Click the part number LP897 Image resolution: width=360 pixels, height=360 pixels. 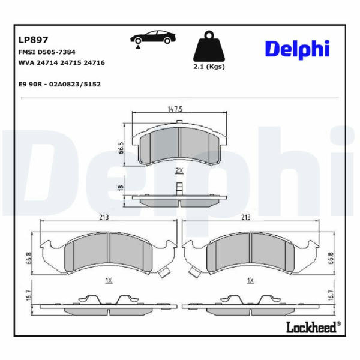coord(33,40)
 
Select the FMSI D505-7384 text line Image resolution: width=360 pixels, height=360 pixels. coord(47,52)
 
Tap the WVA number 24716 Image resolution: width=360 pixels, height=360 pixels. coord(94,62)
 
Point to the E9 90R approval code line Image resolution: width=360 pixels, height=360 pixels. coord(59,84)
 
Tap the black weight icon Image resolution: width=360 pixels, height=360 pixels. coord(209,46)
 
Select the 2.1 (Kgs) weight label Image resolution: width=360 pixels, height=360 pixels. coord(209,67)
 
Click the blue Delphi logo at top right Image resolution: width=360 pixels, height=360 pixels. coord(298,50)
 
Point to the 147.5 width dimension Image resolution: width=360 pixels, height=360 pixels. coord(175,109)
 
